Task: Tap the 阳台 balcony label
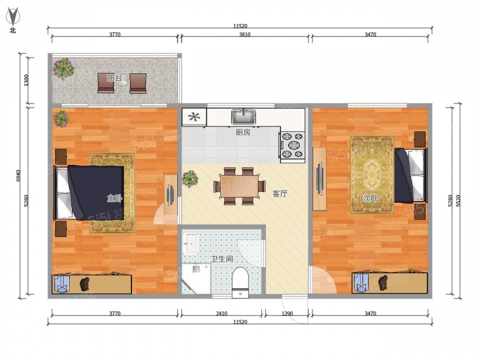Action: pyautogui.click(x=115, y=78)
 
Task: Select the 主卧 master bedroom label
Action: pyautogui.click(x=115, y=198)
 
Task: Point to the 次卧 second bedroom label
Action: pyautogui.click(x=370, y=199)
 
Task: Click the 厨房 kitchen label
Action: pyautogui.click(x=243, y=132)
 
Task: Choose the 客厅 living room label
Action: pyautogui.click(x=280, y=193)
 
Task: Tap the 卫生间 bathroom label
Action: pyautogui.click(x=222, y=259)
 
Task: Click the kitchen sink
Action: pyautogui.click(x=244, y=116)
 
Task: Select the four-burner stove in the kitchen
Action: pyautogui.click(x=292, y=145)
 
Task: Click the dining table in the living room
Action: pyautogui.click(x=239, y=186)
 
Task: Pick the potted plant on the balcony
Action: pyautogui.click(x=64, y=68)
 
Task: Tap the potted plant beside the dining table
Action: pyautogui.click(x=190, y=179)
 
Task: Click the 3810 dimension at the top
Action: pyautogui.click(x=245, y=35)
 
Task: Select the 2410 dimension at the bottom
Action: pyautogui.click(x=221, y=313)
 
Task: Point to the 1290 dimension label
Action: pyautogui.click(x=287, y=313)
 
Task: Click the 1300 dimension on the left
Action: pyautogui.click(x=26, y=80)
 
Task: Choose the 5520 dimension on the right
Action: pyautogui.click(x=458, y=200)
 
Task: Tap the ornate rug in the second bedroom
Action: pyautogui.click(x=372, y=175)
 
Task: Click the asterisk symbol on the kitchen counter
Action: pyautogui.click(x=194, y=116)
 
